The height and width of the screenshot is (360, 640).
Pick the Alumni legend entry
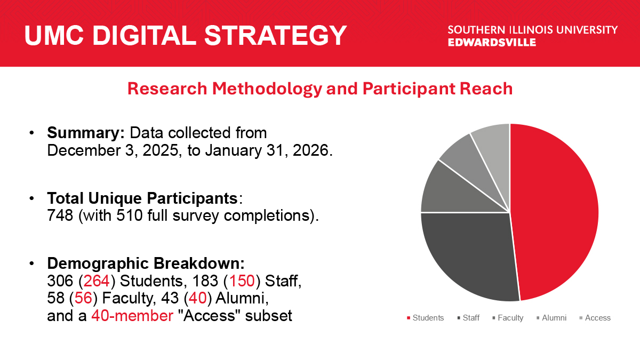551,318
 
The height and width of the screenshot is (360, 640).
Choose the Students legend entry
425,318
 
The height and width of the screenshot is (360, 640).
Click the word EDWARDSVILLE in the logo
492,42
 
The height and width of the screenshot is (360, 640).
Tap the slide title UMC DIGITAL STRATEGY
186,35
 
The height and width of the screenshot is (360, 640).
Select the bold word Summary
86,132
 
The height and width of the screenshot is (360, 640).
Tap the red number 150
242,282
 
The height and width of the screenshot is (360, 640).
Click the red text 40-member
132,316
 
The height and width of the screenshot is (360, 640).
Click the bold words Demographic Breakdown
146,264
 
